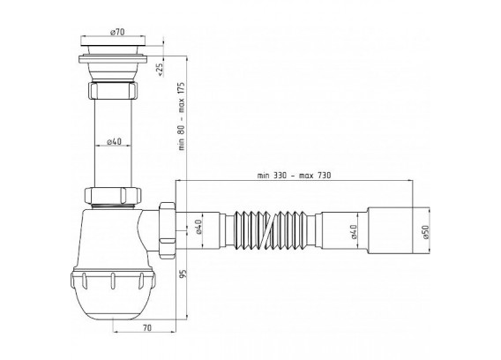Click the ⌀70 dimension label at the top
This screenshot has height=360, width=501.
(x=117, y=32)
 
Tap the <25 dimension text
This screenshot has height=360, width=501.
(x=161, y=70)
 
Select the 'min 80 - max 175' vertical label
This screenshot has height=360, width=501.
(x=182, y=116)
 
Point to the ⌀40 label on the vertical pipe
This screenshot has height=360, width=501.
(x=114, y=141)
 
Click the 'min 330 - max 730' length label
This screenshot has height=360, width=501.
(x=294, y=176)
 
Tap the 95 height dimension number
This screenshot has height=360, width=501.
(x=183, y=274)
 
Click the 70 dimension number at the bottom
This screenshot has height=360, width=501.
(x=147, y=327)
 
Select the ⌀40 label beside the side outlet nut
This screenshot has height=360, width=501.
(x=198, y=227)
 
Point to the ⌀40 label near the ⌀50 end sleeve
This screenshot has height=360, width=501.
(x=354, y=232)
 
